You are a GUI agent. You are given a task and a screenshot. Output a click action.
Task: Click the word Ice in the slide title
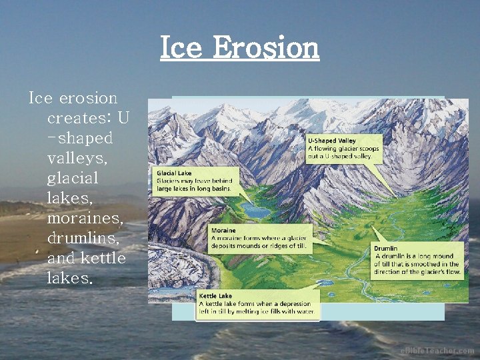(x=182, y=48)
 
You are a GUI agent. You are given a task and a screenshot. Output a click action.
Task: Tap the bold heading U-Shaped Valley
(x=331, y=141)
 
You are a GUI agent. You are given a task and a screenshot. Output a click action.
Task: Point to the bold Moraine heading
(x=223, y=231)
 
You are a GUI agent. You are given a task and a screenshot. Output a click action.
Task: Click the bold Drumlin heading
(x=386, y=249)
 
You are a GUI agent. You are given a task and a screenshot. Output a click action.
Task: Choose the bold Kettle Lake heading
(x=215, y=295)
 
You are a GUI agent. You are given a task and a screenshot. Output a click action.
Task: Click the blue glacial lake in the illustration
(x=256, y=211)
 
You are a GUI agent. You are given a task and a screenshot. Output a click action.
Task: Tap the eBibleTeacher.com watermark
(x=437, y=351)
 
